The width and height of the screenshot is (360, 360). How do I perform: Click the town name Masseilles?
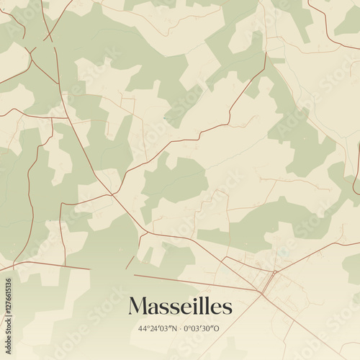[180, 307]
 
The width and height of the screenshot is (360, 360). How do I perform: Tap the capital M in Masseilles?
[138, 307]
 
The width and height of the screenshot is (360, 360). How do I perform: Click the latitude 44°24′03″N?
[156, 328]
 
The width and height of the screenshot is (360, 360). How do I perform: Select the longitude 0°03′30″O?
[204, 328]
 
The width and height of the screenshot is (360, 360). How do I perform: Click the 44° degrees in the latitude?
[143, 328]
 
